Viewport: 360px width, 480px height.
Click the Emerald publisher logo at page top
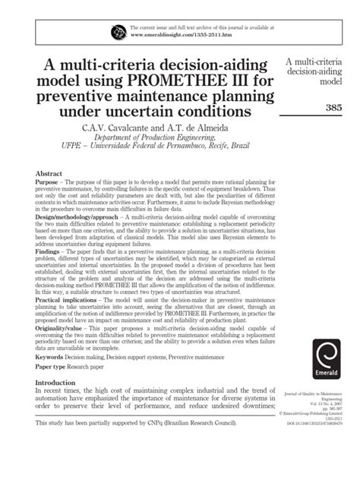pos(119,32)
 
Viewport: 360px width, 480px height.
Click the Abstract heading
pos(51,174)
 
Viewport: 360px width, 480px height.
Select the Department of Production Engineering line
pos(156,138)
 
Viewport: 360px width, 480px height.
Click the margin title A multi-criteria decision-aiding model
pos(320,69)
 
